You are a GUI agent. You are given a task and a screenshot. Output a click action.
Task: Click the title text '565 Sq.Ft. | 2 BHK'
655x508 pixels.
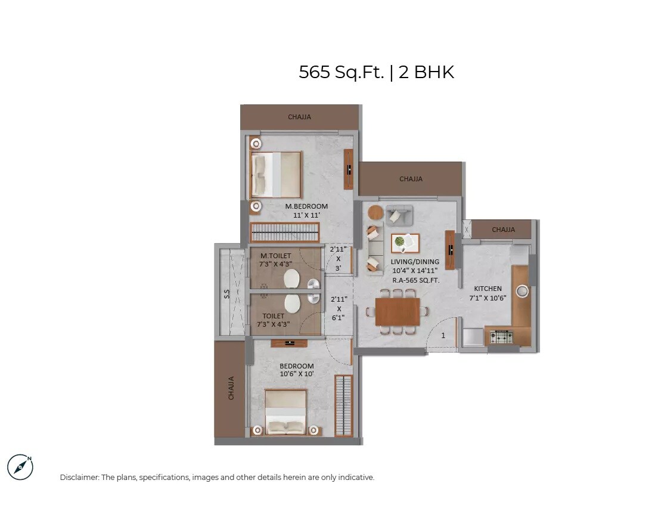(376, 72)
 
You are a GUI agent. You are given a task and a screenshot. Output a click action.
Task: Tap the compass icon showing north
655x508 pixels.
(20, 467)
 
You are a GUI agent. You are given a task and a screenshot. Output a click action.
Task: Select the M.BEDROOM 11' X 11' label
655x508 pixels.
(306, 210)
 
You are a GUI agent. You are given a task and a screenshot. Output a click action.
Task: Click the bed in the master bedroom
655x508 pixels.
(276, 174)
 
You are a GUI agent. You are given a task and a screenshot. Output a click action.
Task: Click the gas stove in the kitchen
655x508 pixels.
(501, 337)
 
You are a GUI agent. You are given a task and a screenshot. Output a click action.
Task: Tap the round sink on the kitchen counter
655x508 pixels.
(522, 291)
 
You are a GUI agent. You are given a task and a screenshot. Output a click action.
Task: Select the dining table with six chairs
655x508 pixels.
(398, 311)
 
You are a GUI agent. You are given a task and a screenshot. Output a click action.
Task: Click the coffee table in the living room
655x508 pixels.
(405, 243)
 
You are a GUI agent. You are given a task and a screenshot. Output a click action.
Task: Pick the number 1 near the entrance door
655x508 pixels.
(443, 336)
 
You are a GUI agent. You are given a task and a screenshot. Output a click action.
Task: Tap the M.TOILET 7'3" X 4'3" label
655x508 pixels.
(275, 260)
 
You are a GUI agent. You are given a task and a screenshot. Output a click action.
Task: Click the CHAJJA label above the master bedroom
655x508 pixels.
(299, 117)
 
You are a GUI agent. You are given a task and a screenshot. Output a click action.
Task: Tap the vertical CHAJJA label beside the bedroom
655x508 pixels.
(230, 388)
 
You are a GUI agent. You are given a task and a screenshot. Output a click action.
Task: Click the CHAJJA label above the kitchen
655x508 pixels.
(504, 230)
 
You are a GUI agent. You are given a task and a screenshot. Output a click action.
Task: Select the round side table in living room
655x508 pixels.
(375, 212)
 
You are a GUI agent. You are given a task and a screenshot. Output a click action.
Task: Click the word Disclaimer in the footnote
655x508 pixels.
(79, 478)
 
